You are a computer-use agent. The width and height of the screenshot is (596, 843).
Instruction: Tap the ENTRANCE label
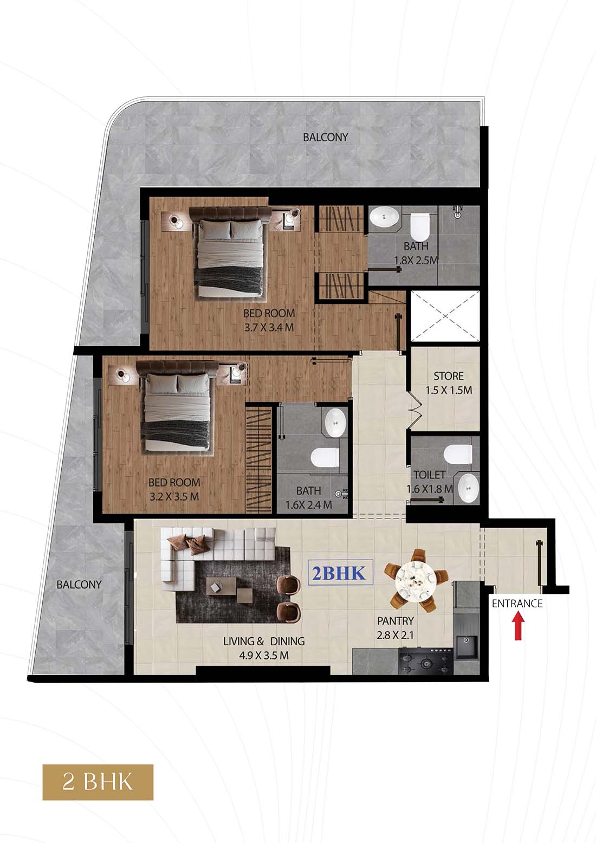tap(517, 604)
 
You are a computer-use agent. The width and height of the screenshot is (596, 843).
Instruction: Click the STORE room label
tap(449, 375)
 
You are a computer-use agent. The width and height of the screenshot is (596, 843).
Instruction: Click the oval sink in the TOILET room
tap(468, 488)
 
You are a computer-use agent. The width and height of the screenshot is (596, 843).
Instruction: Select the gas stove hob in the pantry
tap(425, 660)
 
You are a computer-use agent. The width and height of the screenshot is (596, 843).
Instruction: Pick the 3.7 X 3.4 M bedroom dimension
tap(269, 327)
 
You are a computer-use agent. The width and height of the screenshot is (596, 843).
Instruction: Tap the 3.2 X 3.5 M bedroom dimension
tap(174, 496)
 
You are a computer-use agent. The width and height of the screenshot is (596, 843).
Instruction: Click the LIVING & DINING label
tap(264, 641)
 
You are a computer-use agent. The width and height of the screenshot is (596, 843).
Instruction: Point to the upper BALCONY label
tap(326, 137)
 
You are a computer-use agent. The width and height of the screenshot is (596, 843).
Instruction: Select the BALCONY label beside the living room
tap(79, 585)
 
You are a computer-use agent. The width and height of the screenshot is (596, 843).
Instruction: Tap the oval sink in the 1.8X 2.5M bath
tap(385, 217)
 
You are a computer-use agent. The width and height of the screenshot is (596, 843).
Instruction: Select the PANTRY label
tap(396, 621)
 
